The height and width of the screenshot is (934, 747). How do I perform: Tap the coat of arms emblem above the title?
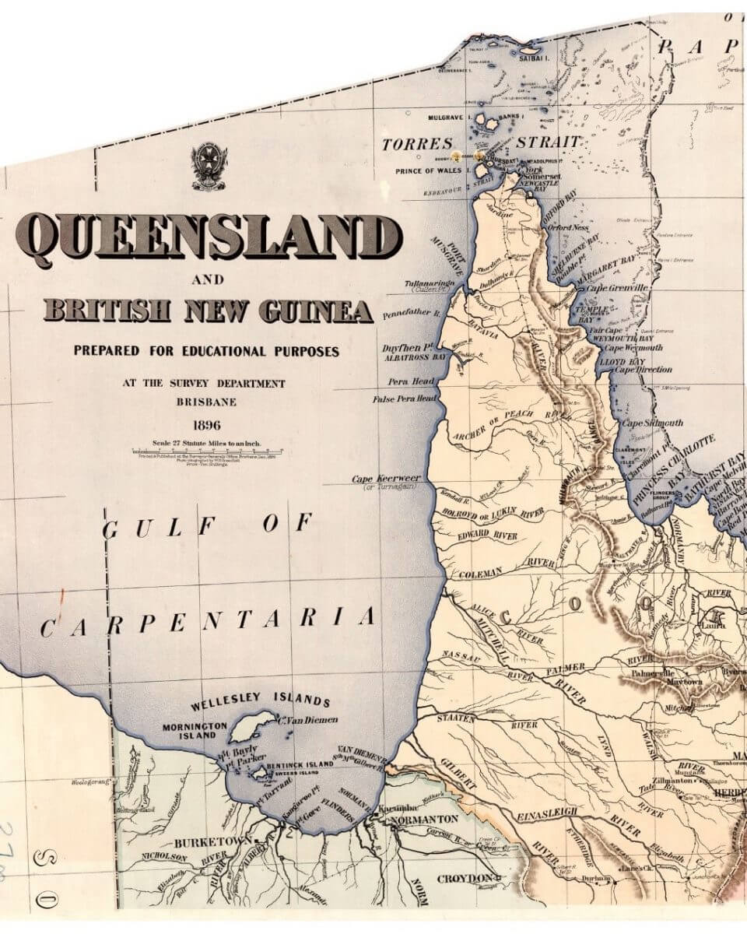click(209, 166)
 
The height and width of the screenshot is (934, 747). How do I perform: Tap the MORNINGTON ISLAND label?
click(195, 731)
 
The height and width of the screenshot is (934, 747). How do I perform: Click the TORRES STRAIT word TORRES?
click(417, 144)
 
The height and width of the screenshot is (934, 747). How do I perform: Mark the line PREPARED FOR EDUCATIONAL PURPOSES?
click(206, 351)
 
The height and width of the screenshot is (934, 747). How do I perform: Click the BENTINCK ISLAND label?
click(300, 764)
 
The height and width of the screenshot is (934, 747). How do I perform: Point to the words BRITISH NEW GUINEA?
click(208, 311)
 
